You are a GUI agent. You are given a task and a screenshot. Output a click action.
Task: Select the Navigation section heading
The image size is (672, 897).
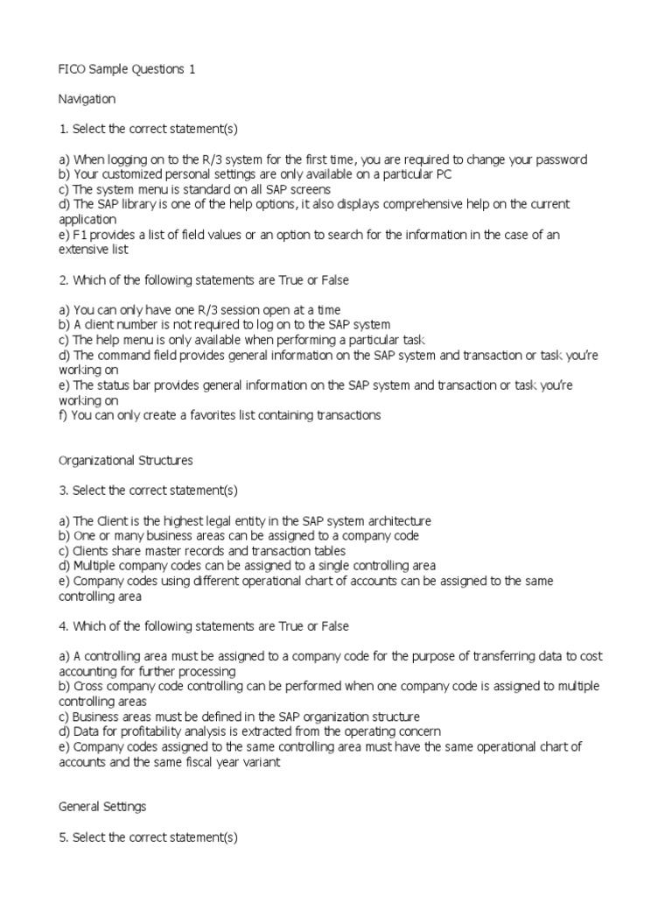point(87,100)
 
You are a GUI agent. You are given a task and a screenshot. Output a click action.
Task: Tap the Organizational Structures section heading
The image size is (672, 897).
point(125,460)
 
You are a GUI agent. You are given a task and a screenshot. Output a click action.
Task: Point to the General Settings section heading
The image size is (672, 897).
point(101,807)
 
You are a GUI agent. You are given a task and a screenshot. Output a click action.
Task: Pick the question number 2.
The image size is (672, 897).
point(63,279)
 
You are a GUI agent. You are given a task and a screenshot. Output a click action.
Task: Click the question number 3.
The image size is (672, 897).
point(63,490)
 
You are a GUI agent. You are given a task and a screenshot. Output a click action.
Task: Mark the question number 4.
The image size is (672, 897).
point(63,626)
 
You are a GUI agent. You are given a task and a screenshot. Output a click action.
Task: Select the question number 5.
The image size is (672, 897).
point(63,837)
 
